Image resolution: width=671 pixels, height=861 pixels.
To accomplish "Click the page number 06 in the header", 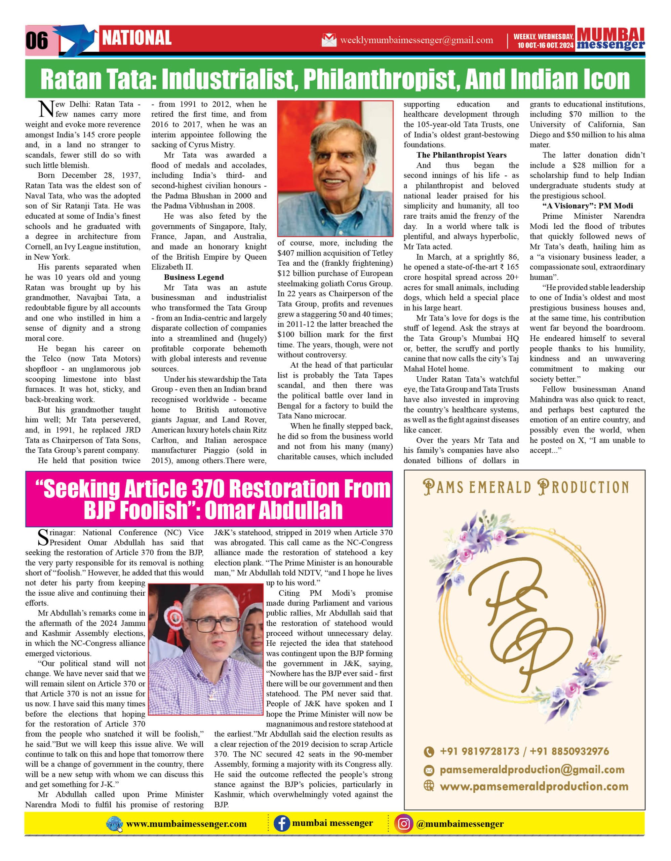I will (37, 41).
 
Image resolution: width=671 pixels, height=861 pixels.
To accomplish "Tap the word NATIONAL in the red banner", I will (136, 38).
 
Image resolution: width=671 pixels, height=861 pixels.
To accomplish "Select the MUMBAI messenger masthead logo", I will (610, 39).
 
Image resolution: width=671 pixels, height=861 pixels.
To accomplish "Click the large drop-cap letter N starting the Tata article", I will (46, 109).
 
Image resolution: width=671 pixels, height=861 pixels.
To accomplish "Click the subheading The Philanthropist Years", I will (461, 155).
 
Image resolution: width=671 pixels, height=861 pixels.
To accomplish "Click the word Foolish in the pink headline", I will (153, 510).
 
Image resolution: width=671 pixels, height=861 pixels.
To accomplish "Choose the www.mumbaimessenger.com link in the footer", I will (186, 824).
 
